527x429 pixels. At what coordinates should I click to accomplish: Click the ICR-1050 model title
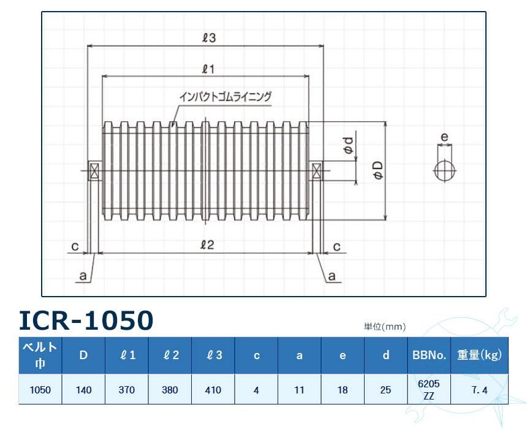pos(86,320)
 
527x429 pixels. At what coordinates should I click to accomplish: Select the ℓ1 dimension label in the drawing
pos(207,69)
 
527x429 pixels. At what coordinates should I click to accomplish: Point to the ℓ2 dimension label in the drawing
pos(207,245)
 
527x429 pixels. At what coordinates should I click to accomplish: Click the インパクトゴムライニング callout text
pos(225,96)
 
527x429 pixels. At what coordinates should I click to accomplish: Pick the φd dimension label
pos(347,145)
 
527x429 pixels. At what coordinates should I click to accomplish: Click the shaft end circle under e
pos(445,170)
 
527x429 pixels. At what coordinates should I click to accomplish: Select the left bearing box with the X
pos(94,171)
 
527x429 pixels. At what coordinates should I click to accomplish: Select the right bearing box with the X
pos(317,171)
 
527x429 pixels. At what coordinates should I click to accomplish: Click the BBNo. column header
pos(428,355)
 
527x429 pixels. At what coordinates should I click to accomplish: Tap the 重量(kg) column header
pos(480,355)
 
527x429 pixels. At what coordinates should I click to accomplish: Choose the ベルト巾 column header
pos(40,355)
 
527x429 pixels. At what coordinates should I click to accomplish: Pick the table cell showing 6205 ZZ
pos(428,389)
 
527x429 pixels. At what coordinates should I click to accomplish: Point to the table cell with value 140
pos(83,389)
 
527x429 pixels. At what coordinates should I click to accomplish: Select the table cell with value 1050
pos(40,389)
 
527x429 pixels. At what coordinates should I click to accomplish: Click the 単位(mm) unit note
pos(384,327)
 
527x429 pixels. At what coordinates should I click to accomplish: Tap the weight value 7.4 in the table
pos(480,390)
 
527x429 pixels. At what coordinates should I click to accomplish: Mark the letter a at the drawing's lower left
pos(82,276)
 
